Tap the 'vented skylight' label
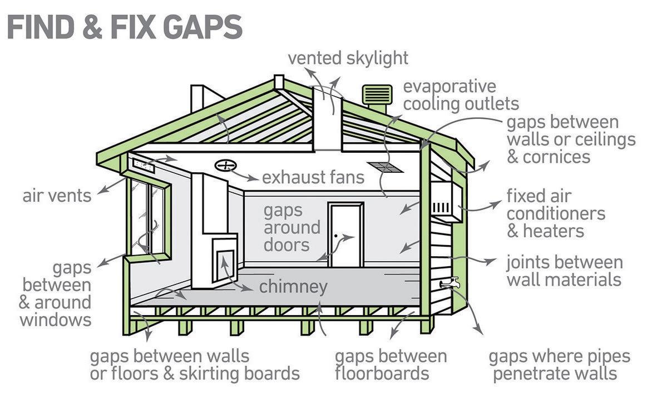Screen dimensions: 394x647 point(348,58)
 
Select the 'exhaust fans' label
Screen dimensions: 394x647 point(313,177)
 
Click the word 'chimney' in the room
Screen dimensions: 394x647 point(293,287)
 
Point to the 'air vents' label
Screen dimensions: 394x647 point(57,196)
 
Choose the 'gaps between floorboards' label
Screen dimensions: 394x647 point(391,364)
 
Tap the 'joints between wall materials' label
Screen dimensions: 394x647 point(564,270)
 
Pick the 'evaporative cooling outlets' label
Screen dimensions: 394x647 point(461,95)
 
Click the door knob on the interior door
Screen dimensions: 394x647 point(336,236)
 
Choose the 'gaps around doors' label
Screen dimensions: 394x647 point(292,227)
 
